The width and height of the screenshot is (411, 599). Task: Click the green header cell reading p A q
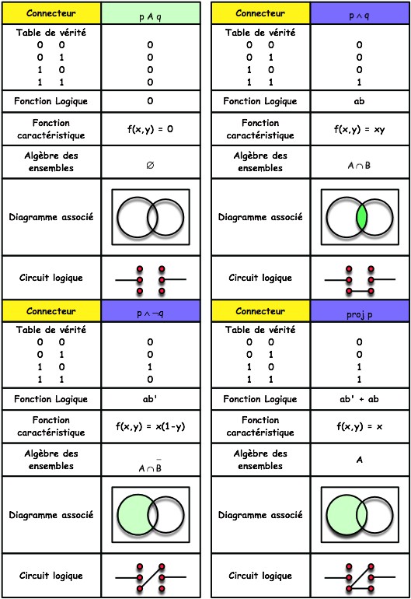[151, 13]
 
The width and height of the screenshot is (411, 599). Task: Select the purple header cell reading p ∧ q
[360, 13]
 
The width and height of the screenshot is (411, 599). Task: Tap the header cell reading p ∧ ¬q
[151, 310]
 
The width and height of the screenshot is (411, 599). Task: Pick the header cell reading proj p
[360, 310]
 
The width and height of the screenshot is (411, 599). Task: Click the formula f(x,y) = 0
[150, 129]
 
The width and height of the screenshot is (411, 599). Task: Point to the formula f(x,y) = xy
[360, 129]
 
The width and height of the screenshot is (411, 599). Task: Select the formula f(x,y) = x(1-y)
[151, 426]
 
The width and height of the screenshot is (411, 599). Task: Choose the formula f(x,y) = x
[360, 426]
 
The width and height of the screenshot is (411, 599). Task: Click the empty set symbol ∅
[151, 165]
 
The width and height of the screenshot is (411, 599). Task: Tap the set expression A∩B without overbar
[359, 166]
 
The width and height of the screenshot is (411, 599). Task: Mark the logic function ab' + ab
[359, 399]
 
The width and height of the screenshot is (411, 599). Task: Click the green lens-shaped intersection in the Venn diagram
[361, 217]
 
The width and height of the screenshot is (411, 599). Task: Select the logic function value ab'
[150, 399]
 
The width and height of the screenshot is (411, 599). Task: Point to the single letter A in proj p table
[360, 460]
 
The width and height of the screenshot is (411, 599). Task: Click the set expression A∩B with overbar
[151, 466]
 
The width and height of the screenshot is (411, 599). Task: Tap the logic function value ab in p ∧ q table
[359, 101]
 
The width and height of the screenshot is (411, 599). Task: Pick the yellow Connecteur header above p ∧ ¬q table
[51, 310]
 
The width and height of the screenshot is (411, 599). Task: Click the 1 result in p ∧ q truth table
[359, 82]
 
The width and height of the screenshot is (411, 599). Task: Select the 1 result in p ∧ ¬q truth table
[150, 366]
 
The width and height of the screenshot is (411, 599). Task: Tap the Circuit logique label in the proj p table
[260, 576]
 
